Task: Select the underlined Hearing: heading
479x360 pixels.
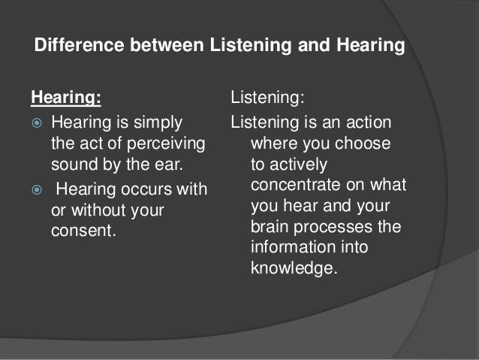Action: pyautogui.click(x=65, y=97)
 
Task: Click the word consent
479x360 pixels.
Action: pyautogui.click(x=84, y=231)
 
